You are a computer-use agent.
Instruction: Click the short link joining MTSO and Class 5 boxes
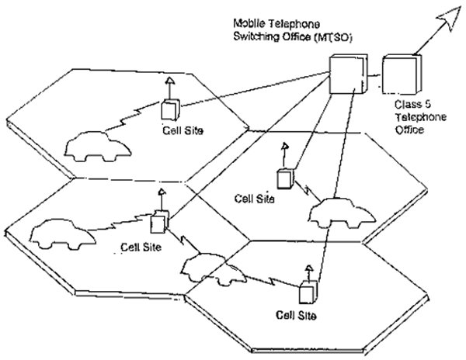(x=374, y=76)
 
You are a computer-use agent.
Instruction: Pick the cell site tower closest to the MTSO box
(x=287, y=177)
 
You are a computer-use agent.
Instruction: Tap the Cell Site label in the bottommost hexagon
(x=297, y=316)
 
